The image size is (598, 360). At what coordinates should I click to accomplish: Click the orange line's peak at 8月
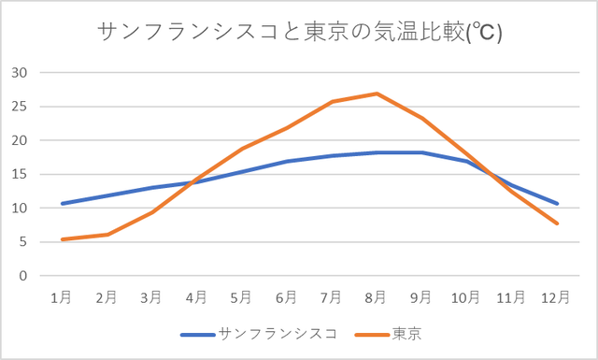click(x=377, y=94)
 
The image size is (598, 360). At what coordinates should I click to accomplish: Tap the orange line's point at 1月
click(x=62, y=239)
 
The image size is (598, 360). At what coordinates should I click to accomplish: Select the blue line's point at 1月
click(x=62, y=203)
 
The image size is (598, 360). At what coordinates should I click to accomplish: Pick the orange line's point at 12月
click(x=557, y=223)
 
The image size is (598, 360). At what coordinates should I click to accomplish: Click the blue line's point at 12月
click(x=557, y=203)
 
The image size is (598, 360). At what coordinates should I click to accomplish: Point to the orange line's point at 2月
click(x=107, y=235)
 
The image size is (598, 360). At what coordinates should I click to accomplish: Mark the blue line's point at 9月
click(x=421, y=152)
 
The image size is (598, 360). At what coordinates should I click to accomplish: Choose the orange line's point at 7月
click(x=332, y=102)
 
